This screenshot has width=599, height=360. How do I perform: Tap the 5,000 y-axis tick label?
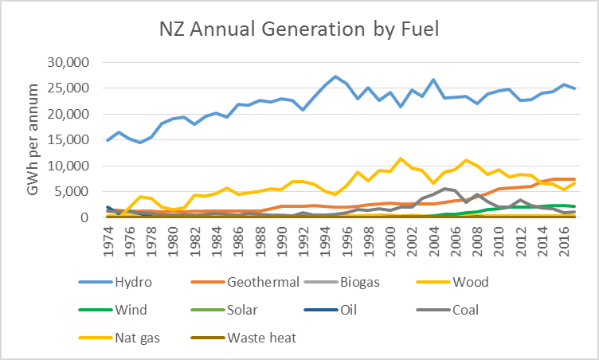pos(76,191)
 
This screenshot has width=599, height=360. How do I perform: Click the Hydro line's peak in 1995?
pos(335,76)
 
